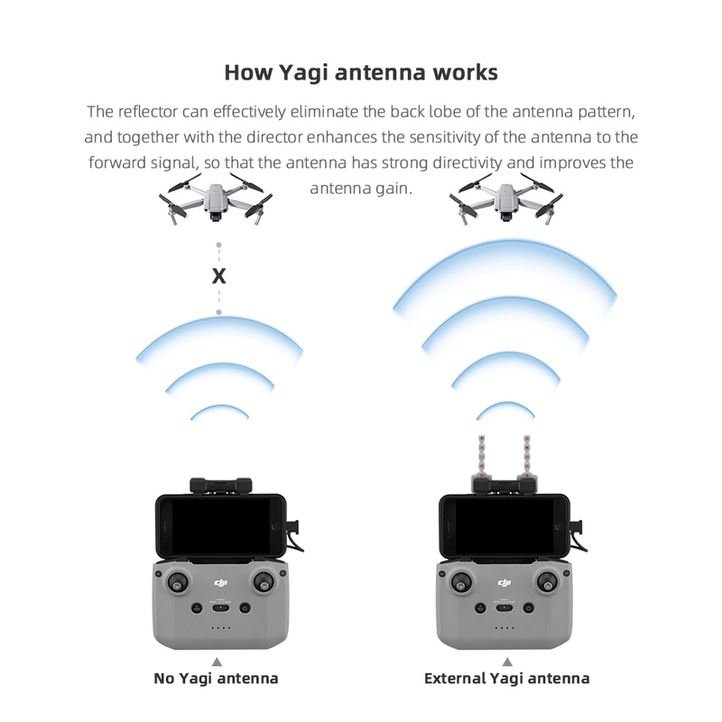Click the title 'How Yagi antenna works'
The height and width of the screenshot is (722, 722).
click(x=360, y=71)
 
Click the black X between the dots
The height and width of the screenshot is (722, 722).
click(x=218, y=276)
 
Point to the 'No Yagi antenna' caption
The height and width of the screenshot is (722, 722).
click(x=218, y=678)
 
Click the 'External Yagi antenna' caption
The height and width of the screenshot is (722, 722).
click(x=506, y=678)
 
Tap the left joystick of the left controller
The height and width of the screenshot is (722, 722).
click(x=179, y=581)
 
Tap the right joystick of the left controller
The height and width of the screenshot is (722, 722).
click(x=263, y=581)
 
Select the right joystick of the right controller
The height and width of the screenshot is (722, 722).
click(x=548, y=581)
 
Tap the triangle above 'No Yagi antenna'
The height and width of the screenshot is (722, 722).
click(x=218, y=661)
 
